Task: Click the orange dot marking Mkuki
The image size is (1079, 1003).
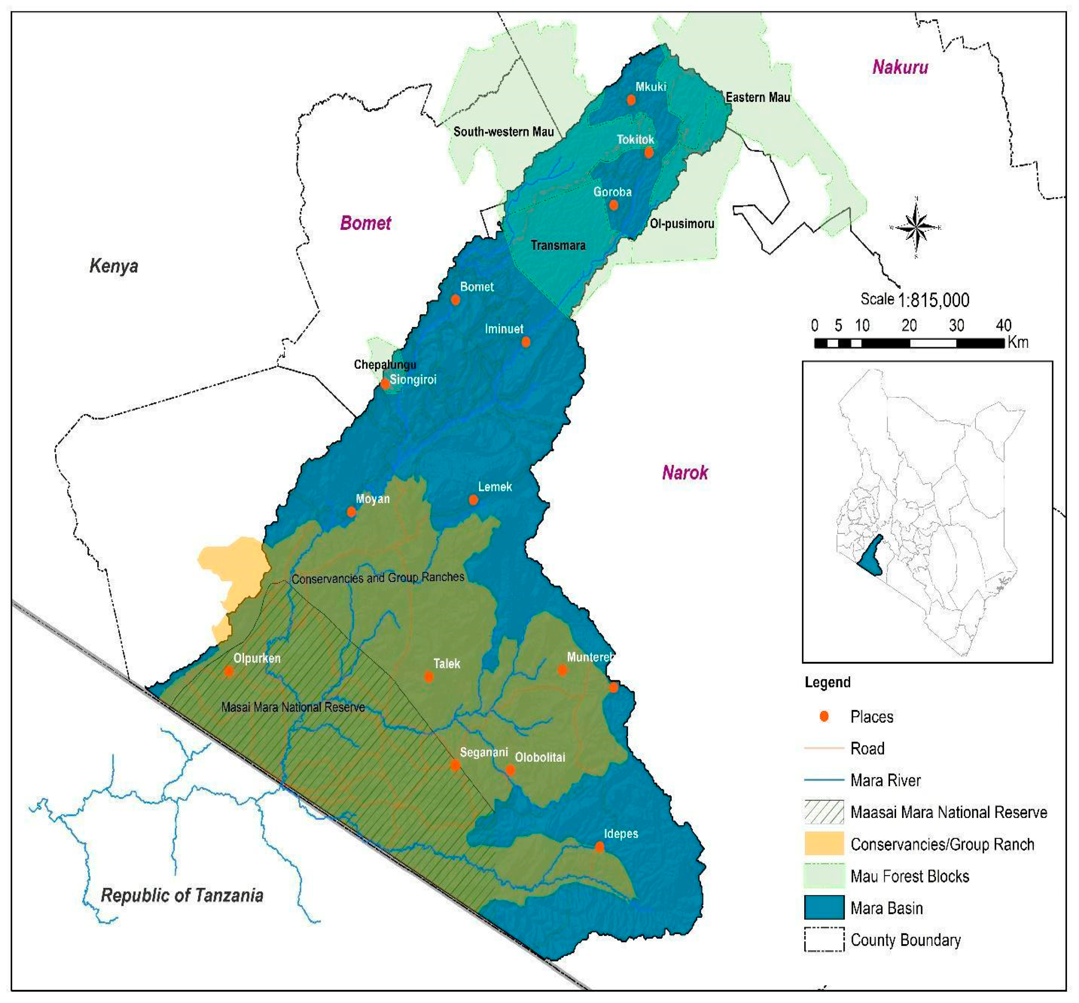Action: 631,100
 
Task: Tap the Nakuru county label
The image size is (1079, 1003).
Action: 900,67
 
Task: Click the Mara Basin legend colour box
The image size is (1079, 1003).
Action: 824,908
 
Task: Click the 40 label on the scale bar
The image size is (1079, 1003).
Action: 1003,326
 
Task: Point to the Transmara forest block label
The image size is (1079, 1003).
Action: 558,246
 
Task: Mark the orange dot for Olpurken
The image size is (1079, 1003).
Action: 229,671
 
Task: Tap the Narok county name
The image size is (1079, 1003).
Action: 684,473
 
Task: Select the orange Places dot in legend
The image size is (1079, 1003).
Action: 824,717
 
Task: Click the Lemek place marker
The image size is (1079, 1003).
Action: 473,500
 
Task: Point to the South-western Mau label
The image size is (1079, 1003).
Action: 503,132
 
